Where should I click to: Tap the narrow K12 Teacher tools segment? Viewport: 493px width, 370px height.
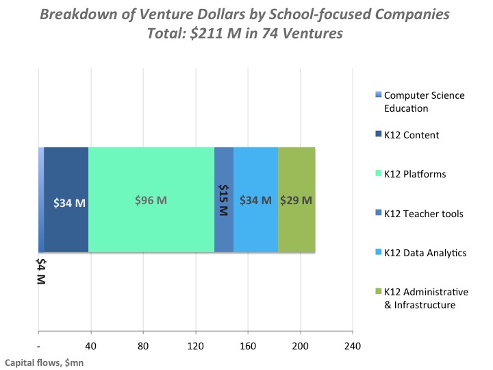(x=224, y=171)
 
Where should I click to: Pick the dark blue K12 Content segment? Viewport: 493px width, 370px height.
(x=66, y=171)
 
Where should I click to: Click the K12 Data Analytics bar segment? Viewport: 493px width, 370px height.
(x=255, y=171)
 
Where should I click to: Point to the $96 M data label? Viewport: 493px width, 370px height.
(x=151, y=201)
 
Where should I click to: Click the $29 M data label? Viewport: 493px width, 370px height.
(x=296, y=201)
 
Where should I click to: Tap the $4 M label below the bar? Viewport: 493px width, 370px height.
(x=40, y=271)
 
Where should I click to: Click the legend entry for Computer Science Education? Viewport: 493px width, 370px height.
(x=424, y=101)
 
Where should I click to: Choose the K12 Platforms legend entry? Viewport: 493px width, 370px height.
(x=414, y=174)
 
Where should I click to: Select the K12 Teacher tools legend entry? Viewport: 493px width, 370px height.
(x=423, y=214)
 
